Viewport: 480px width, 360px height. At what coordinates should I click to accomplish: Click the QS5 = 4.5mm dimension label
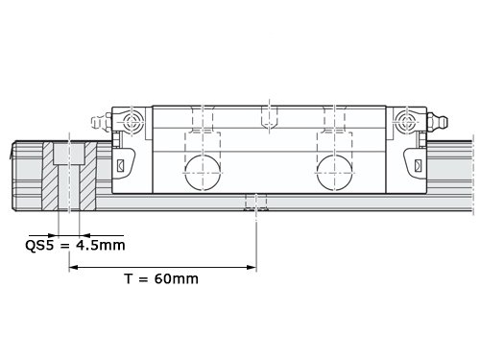(x=75, y=246)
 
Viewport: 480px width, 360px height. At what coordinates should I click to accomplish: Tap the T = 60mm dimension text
(x=161, y=278)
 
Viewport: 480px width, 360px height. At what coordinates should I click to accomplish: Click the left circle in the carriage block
(x=203, y=173)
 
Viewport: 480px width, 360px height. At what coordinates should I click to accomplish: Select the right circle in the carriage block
(x=334, y=173)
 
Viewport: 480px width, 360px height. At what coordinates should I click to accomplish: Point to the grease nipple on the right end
(x=438, y=121)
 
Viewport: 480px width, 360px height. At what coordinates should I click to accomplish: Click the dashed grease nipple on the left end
(x=101, y=122)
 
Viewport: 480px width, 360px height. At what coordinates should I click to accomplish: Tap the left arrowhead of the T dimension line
(x=74, y=267)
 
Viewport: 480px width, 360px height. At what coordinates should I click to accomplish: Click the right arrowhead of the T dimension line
(x=252, y=267)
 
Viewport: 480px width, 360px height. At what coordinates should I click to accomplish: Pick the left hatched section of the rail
(x=50, y=176)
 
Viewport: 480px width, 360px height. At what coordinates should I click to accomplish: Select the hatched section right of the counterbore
(x=88, y=176)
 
